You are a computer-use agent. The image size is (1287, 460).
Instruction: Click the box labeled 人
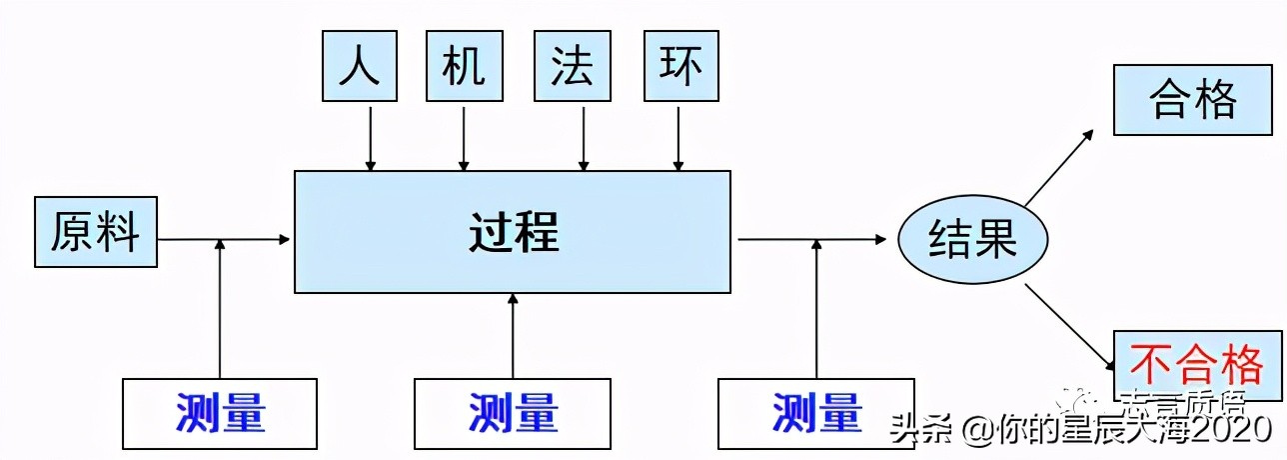(360, 66)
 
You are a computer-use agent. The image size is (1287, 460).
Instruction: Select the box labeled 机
(464, 66)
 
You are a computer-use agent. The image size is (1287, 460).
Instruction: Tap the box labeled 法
(573, 66)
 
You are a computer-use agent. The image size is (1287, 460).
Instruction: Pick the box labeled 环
(681, 66)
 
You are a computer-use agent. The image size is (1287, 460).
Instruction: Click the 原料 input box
(96, 232)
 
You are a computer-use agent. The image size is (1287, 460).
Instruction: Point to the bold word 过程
(513, 232)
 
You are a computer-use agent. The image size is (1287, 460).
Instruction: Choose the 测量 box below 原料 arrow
(220, 412)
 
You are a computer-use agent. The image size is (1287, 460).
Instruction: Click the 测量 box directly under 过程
(513, 412)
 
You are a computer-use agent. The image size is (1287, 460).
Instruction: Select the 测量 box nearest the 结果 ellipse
(816, 412)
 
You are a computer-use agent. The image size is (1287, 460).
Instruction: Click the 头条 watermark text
(916, 432)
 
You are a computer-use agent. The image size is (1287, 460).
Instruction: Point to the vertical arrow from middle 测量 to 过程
(513, 335)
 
